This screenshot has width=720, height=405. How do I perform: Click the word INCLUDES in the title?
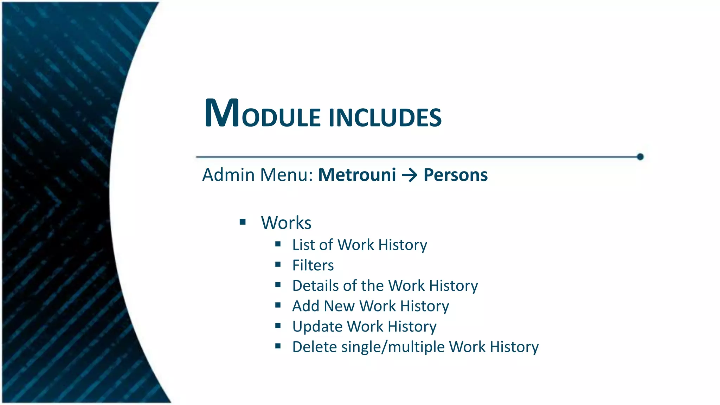point(385,117)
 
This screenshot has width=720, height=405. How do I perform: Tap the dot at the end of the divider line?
point(640,157)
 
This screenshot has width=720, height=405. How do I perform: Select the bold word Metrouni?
point(357,175)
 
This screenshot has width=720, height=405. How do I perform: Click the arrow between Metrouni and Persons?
point(410,175)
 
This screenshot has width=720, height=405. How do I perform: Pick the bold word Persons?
point(456,175)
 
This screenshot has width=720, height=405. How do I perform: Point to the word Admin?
point(229,175)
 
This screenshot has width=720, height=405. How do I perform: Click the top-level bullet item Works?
point(286,223)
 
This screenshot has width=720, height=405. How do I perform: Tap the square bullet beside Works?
point(243,222)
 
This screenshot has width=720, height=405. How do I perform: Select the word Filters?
point(313,265)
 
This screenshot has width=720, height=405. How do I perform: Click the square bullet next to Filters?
point(278,264)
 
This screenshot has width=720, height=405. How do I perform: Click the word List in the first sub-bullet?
point(303,245)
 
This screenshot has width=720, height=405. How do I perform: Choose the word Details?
point(315,285)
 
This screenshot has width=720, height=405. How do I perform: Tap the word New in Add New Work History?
point(339,306)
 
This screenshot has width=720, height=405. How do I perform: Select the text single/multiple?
point(393,347)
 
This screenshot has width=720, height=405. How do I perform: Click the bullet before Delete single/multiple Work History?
point(278,346)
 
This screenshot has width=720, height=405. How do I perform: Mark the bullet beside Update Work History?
point(278,326)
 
